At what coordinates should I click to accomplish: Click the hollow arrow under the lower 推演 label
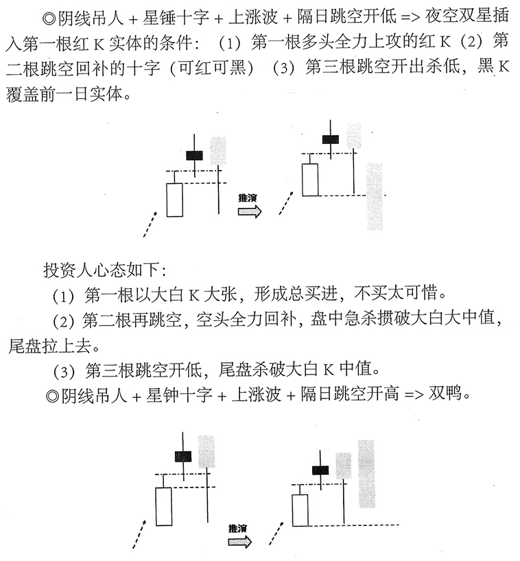(240, 542)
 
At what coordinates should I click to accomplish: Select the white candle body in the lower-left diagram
(163, 506)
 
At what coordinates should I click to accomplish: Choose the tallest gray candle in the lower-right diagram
(366, 473)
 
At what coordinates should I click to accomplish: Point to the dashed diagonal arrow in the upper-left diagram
(150, 224)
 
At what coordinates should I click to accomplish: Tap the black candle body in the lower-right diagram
(320, 470)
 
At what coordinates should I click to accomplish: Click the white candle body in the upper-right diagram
(311, 178)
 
